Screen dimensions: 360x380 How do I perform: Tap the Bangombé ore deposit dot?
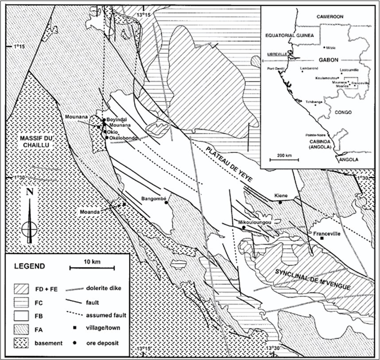pos(166,203)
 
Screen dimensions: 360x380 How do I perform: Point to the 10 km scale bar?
pos(92,267)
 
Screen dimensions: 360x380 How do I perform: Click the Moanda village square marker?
pos(124,204)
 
